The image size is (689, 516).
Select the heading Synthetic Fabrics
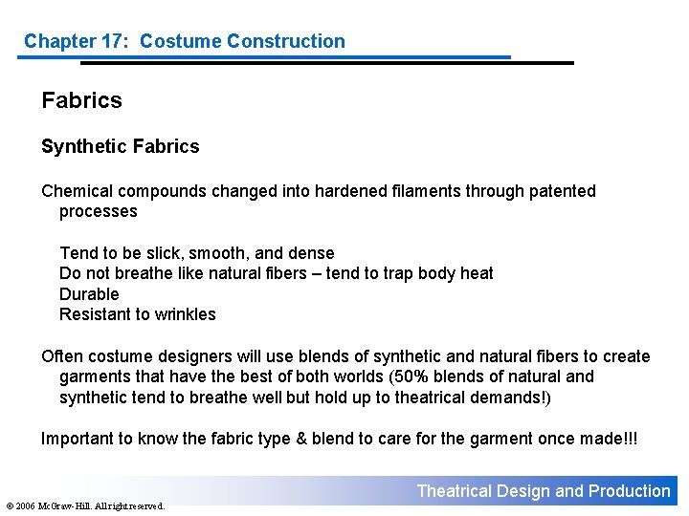[121, 146]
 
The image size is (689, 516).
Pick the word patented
[564, 191]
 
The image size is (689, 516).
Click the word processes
[99, 211]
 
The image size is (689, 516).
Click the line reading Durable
[89, 294]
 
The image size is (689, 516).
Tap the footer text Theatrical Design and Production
[544, 491]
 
